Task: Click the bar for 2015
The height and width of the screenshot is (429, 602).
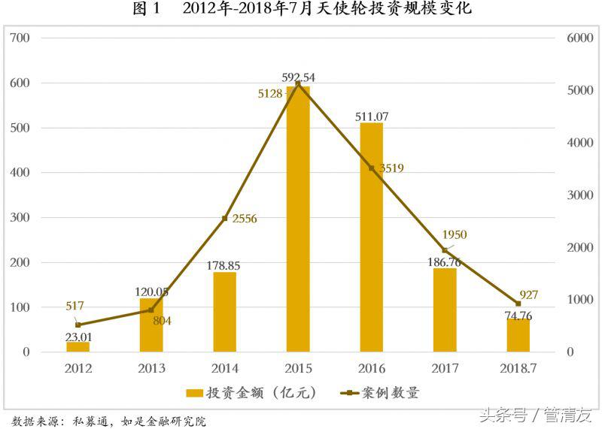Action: click(x=298, y=219)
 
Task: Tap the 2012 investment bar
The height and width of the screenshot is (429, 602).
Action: click(x=78, y=346)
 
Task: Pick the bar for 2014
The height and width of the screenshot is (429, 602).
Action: click(x=225, y=312)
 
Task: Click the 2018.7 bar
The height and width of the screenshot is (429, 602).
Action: click(x=518, y=335)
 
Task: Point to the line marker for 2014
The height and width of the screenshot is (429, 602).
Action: click(x=225, y=219)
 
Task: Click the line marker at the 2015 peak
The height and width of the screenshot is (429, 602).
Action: click(x=298, y=83)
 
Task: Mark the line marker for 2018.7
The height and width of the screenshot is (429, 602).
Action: click(x=518, y=304)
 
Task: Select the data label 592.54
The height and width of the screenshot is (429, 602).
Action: click(x=299, y=77)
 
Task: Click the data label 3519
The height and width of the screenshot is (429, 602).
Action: click(x=390, y=168)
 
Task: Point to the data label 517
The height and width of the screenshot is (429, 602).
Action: click(x=74, y=306)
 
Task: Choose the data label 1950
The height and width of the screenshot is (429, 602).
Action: click(x=454, y=235)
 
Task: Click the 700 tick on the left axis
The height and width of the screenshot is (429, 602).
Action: click(x=21, y=38)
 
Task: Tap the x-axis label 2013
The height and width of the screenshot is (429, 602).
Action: click(x=151, y=369)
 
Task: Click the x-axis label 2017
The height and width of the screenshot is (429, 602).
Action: click(x=445, y=369)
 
